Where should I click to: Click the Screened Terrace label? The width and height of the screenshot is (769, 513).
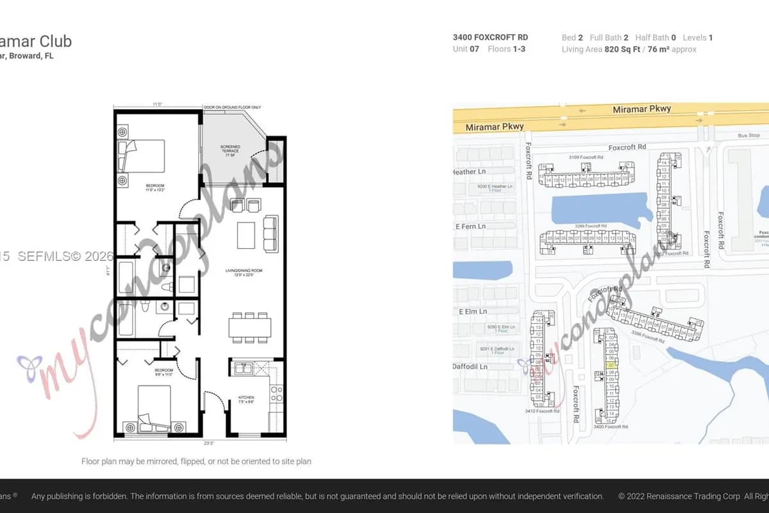(230, 151)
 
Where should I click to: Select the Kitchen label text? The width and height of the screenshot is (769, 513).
(247, 399)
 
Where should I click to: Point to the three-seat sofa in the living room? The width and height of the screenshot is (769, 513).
(271, 234)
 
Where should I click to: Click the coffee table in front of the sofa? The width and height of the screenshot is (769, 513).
(247, 235)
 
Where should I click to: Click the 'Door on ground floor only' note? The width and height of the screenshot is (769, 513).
(231, 106)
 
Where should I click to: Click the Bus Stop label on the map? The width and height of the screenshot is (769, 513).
(748, 135)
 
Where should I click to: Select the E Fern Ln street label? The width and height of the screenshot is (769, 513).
(470, 226)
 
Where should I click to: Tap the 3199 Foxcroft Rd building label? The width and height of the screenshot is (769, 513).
(586, 157)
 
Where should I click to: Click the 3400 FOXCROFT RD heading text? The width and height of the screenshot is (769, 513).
(490, 37)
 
